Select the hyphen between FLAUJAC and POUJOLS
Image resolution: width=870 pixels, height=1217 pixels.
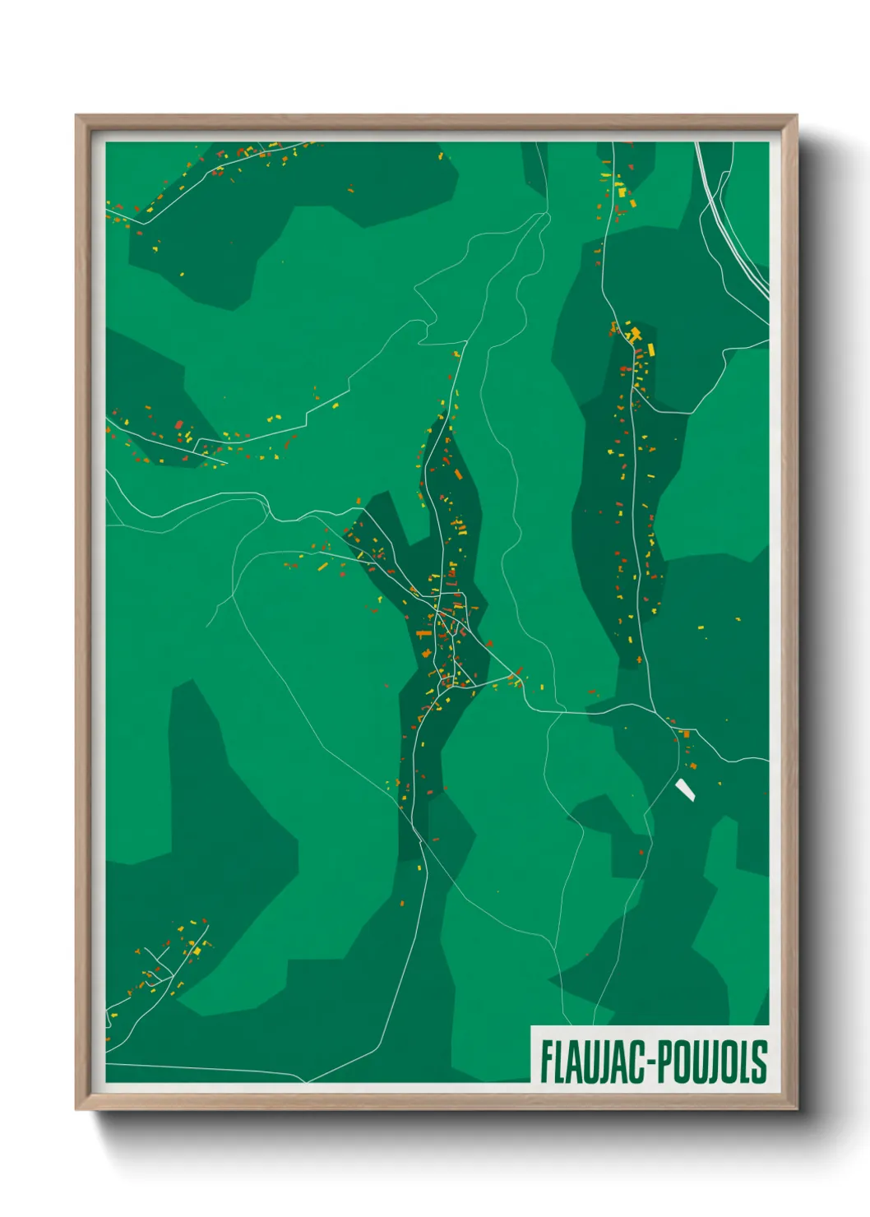pyautogui.click(x=651, y=1063)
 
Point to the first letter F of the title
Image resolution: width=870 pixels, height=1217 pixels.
pyautogui.click(x=546, y=1062)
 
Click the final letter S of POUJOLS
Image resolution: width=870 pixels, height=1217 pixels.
pyautogui.click(x=760, y=1062)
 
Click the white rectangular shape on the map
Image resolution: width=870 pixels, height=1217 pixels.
pyautogui.click(x=685, y=790)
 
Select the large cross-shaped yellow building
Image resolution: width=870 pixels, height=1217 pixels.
pyautogui.click(x=634, y=335)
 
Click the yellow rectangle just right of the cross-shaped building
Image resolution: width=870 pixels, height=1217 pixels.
pyautogui.click(x=650, y=349)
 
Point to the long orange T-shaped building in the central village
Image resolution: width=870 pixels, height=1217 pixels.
pyautogui.click(x=423, y=634)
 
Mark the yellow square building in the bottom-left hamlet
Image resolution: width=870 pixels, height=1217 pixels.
pyautogui.click(x=197, y=951)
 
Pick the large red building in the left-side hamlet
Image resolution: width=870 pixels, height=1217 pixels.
pyautogui.click(x=178, y=424)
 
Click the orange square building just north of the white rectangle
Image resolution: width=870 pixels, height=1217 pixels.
pyautogui.click(x=686, y=733)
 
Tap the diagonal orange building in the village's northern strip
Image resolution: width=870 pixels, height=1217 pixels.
pyautogui.click(x=458, y=474)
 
